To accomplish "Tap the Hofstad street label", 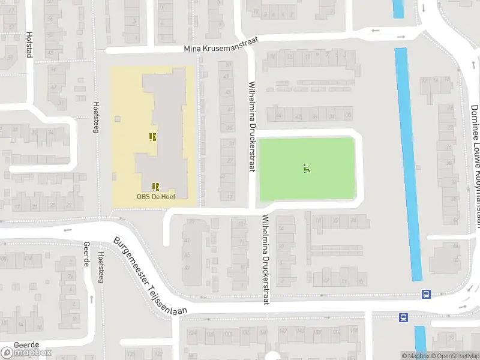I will [29, 44].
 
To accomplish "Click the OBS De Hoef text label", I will [154, 196].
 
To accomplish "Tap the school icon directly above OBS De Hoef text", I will [155, 186].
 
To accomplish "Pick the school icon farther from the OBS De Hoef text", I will [152, 137].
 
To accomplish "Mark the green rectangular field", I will [307, 169].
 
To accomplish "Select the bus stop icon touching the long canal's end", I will [426, 294].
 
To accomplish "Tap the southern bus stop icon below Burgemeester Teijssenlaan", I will [403, 317].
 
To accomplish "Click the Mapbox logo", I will [26, 352].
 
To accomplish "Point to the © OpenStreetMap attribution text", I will [456, 356].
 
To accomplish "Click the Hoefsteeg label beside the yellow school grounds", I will [95, 116].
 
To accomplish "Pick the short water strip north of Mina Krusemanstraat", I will [398, 8].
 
